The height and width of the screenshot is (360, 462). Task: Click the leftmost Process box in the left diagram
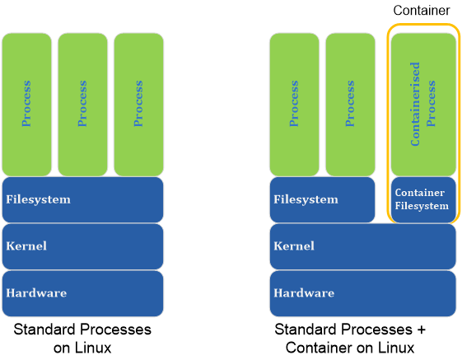(27, 104)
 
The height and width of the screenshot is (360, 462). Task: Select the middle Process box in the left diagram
(82, 104)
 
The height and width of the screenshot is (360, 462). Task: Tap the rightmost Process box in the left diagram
(138, 104)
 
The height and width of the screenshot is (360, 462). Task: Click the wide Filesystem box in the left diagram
(83, 199)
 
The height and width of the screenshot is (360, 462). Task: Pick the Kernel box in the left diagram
(83, 246)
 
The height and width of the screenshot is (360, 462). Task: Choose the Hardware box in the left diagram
(83, 292)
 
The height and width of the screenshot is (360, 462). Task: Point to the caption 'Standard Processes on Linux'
(82, 338)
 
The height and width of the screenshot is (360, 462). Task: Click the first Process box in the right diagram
(295, 104)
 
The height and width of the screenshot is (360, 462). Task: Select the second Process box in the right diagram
(350, 104)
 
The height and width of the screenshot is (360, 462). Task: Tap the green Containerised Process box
(422, 104)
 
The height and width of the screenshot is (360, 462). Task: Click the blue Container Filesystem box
(422, 199)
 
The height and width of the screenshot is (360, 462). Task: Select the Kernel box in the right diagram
(362, 246)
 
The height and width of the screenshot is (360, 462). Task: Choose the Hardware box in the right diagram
(362, 292)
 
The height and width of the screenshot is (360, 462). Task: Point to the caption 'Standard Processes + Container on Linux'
(351, 338)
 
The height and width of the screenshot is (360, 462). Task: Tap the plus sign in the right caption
(422, 330)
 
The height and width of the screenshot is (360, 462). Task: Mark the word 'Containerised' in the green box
(416, 104)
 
